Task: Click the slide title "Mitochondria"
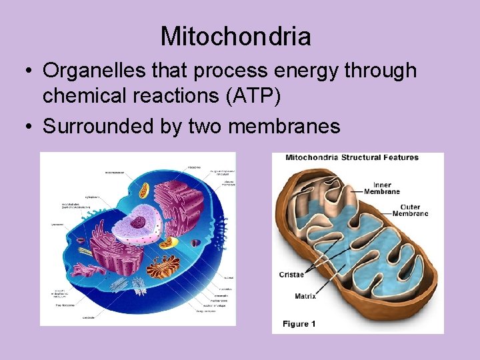(x=235, y=36)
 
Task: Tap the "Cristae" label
(x=291, y=275)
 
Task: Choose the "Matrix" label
(x=305, y=296)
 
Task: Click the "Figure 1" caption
(x=299, y=324)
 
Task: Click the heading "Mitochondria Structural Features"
(x=351, y=158)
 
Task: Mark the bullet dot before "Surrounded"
(x=31, y=126)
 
